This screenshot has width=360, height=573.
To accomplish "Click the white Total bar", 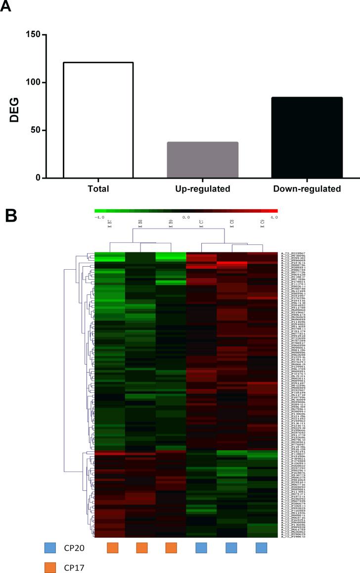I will (98, 120).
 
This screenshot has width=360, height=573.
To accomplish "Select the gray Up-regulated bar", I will (203, 160).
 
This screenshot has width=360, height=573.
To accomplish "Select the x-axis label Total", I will (97, 189).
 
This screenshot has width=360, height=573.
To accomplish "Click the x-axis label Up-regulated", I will (203, 189).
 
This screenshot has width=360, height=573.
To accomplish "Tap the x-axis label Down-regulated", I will (307, 189).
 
